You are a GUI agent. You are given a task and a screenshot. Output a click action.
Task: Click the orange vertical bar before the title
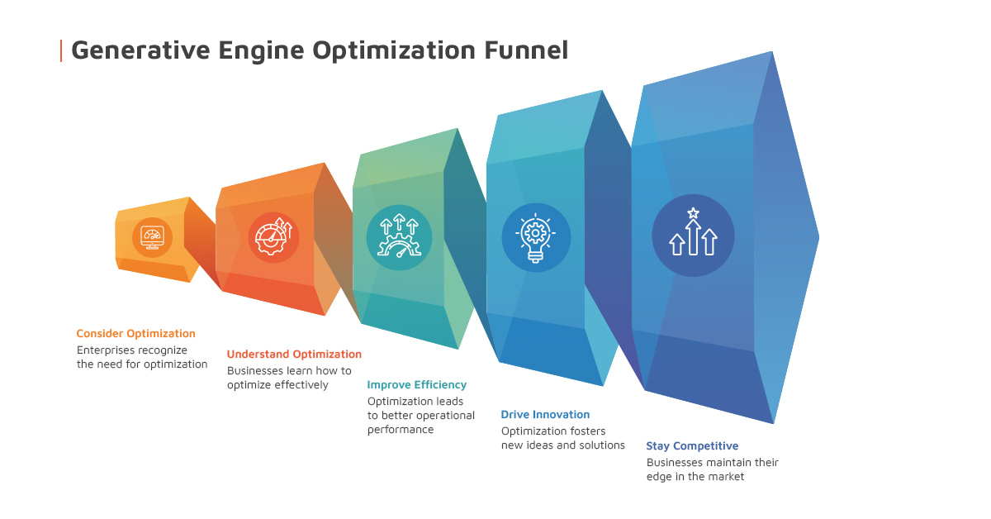61,50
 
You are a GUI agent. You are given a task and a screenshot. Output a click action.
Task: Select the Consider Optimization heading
135,334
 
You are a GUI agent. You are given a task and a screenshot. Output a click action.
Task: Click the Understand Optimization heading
294,355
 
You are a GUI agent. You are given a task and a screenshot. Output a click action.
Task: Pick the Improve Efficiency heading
416,385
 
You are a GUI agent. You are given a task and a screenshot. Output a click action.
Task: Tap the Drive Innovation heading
545,415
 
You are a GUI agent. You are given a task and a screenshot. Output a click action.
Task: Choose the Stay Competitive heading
692,446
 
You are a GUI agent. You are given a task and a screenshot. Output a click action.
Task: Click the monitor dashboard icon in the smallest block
152,237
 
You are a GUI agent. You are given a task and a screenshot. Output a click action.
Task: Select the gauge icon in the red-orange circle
273,237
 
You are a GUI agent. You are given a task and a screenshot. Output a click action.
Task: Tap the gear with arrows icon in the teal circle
399,237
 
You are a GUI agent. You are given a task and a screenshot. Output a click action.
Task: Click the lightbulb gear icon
535,237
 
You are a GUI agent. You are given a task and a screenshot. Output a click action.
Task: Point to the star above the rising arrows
693,213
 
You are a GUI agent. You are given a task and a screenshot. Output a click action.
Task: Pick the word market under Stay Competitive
726,477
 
